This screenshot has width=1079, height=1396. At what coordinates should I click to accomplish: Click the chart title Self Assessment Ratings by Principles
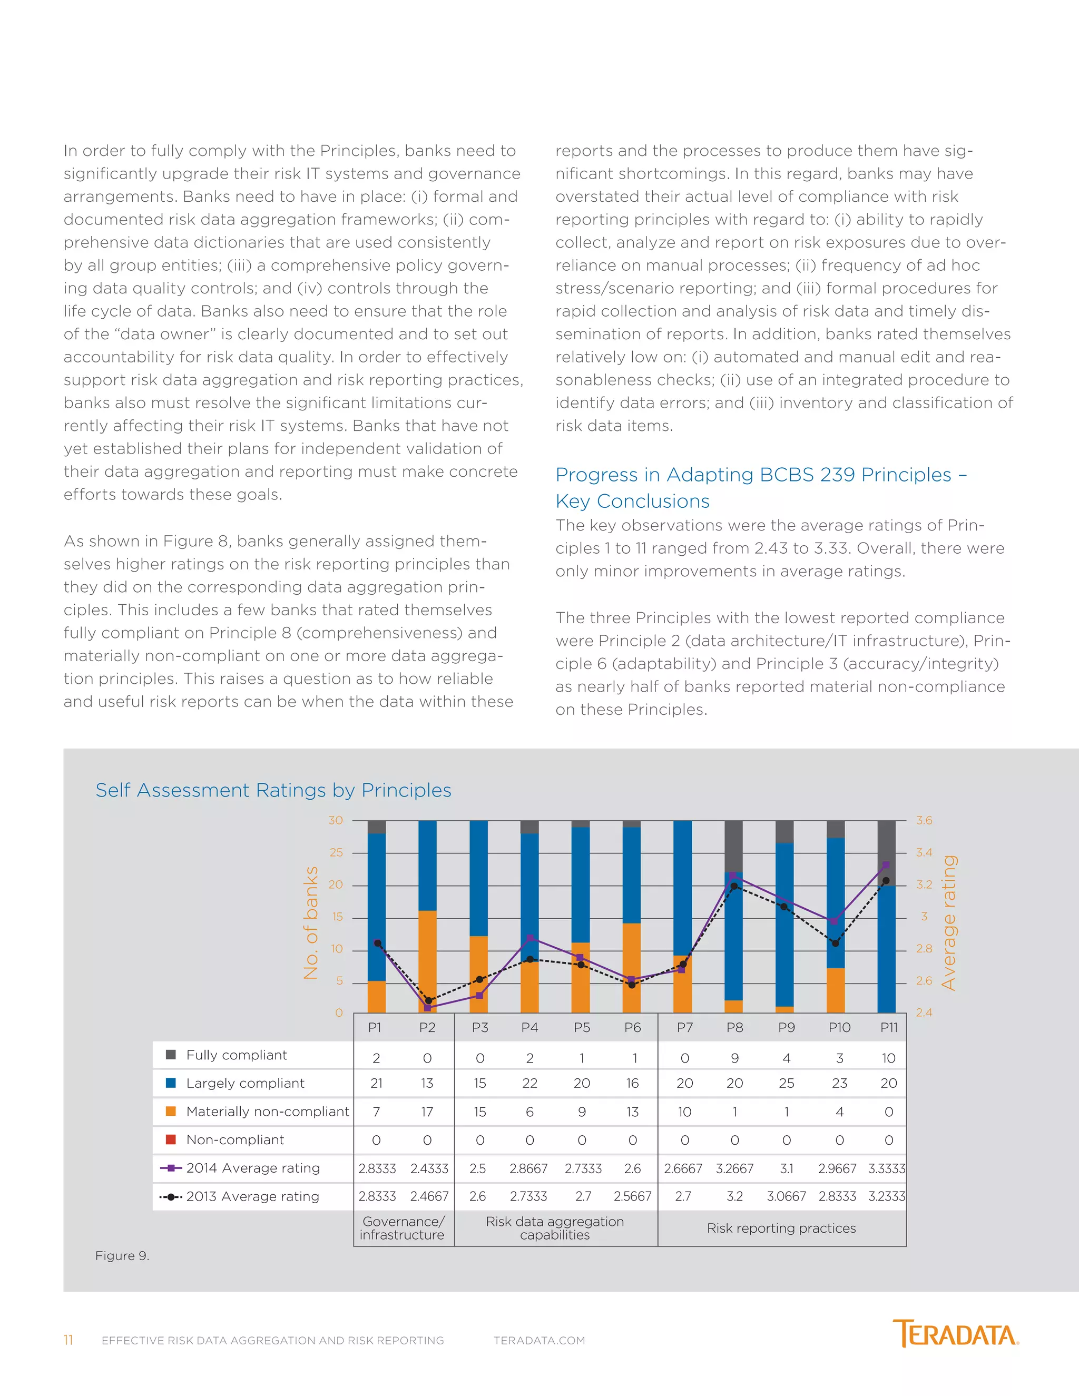click(x=273, y=791)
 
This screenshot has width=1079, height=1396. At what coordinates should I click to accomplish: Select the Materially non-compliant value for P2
click(x=427, y=1112)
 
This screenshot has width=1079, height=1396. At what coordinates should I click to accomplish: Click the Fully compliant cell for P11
click(x=888, y=1058)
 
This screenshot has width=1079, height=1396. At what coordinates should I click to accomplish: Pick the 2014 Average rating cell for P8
click(x=734, y=1168)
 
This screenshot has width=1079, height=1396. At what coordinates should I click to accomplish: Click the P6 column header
click(x=632, y=1028)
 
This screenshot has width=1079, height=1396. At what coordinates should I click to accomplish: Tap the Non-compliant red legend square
click(x=171, y=1139)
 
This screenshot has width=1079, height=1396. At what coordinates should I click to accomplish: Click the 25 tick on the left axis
click(x=336, y=853)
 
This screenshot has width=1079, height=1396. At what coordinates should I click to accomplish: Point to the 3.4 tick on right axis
click(x=924, y=853)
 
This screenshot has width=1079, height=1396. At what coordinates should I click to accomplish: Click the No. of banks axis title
click(x=311, y=923)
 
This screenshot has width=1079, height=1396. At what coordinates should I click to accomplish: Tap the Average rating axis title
click(x=949, y=923)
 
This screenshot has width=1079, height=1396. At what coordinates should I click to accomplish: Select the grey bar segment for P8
click(x=733, y=845)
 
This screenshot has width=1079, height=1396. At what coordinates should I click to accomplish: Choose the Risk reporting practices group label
click(x=781, y=1228)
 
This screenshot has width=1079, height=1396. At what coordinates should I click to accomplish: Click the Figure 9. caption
click(x=122, y=1256)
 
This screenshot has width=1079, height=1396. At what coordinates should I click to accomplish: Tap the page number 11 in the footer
click(x=68, y=1340)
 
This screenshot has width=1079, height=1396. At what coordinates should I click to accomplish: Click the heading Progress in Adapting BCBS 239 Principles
click(x=761, y=475)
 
